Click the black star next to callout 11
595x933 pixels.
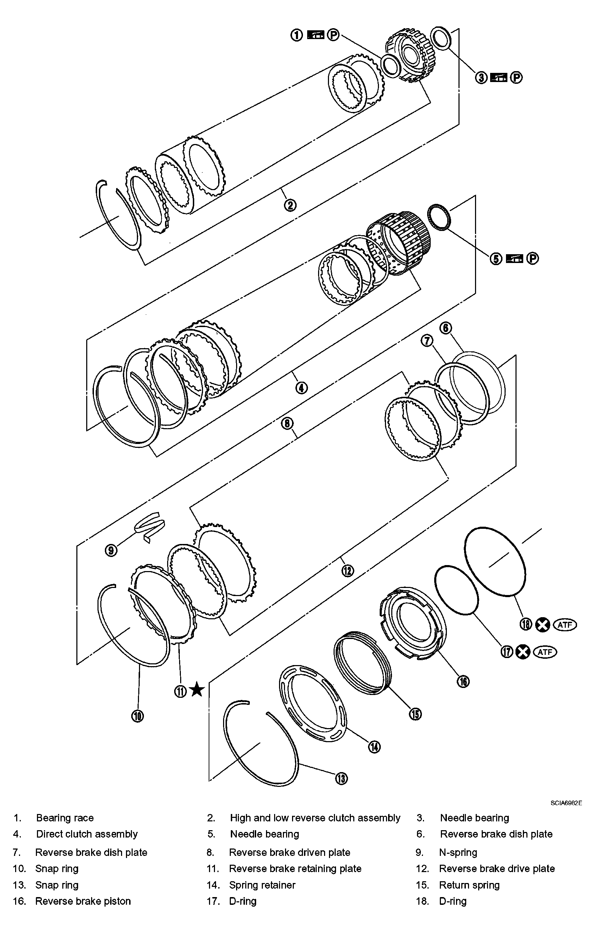tap(197, 690)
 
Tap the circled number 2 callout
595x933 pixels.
tap(290, 205)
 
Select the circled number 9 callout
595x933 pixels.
tap(111, 550)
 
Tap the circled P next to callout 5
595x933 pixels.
tap(533, 258)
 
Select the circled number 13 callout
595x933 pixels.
tap(341, 778)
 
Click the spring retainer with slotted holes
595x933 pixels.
tap(313, 704)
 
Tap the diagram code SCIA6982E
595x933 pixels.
tap(566, 803)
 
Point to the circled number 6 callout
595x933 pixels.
tap(445, 328)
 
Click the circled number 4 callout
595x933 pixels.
tap(301, 387)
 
